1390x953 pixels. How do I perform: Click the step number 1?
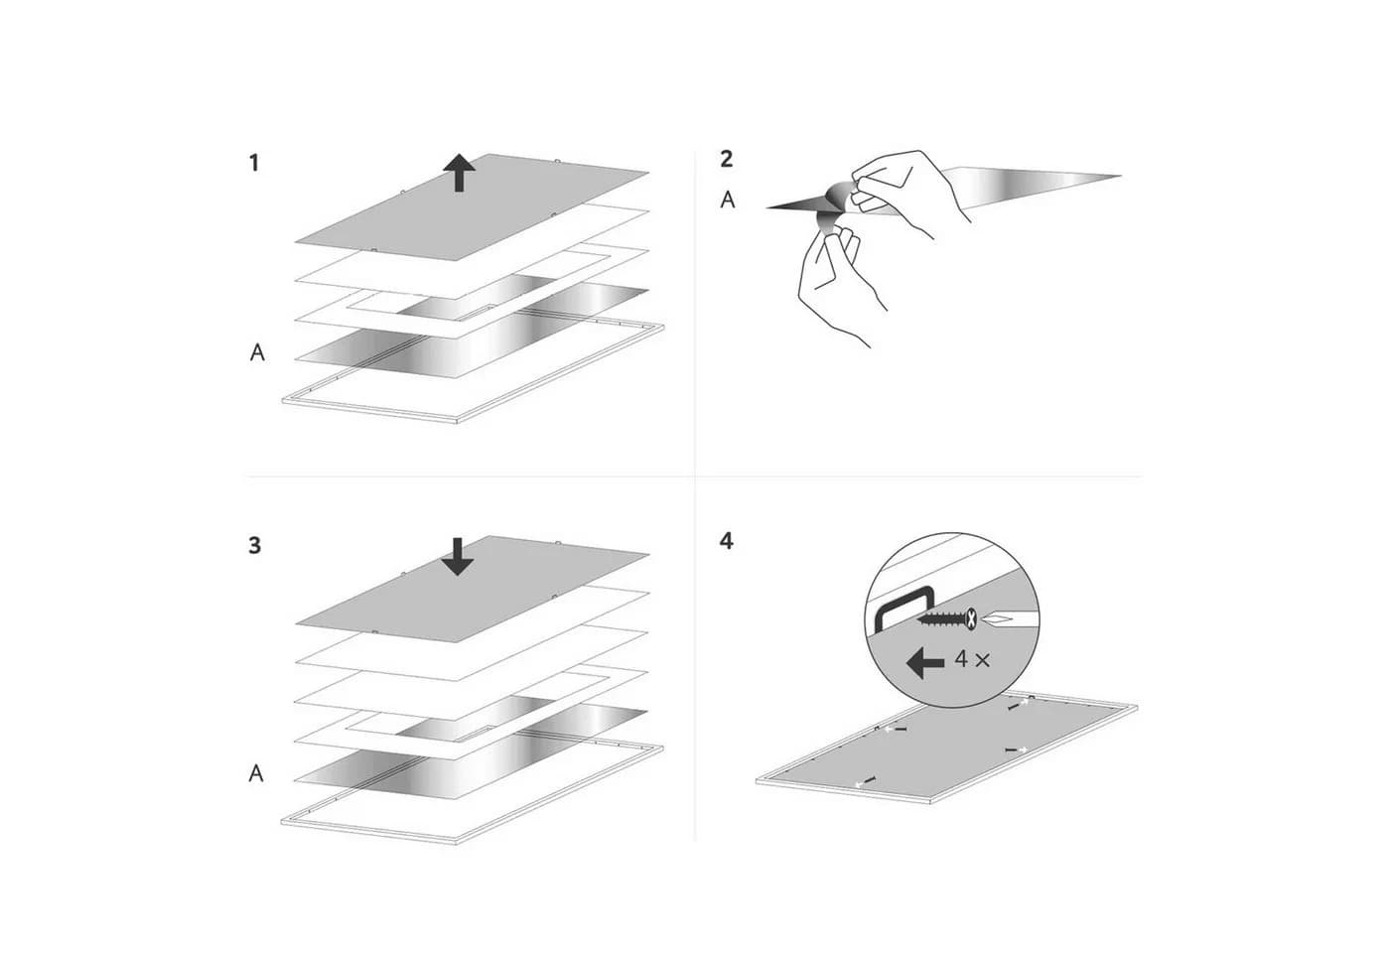tap(254, 163)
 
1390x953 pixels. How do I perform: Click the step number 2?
tap(727, 159)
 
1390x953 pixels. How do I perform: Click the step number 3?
tap(254, 545)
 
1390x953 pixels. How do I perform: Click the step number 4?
tap(727, 541)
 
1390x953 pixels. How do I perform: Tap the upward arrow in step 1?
tap(459, 172)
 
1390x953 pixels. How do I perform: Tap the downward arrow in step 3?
tap(458, 557)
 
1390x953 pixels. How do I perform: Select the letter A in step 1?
tap(257, 352)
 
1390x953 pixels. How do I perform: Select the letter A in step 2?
tap(728, 200)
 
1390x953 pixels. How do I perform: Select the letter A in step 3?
tap(256, 773)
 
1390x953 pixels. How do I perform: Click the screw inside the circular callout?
tap(947, 618)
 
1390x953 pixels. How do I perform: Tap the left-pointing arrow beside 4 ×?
tap(925, 663)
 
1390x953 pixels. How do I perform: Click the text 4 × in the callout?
tap(972, 659)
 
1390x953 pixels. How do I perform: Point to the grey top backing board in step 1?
tap(472, 206)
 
